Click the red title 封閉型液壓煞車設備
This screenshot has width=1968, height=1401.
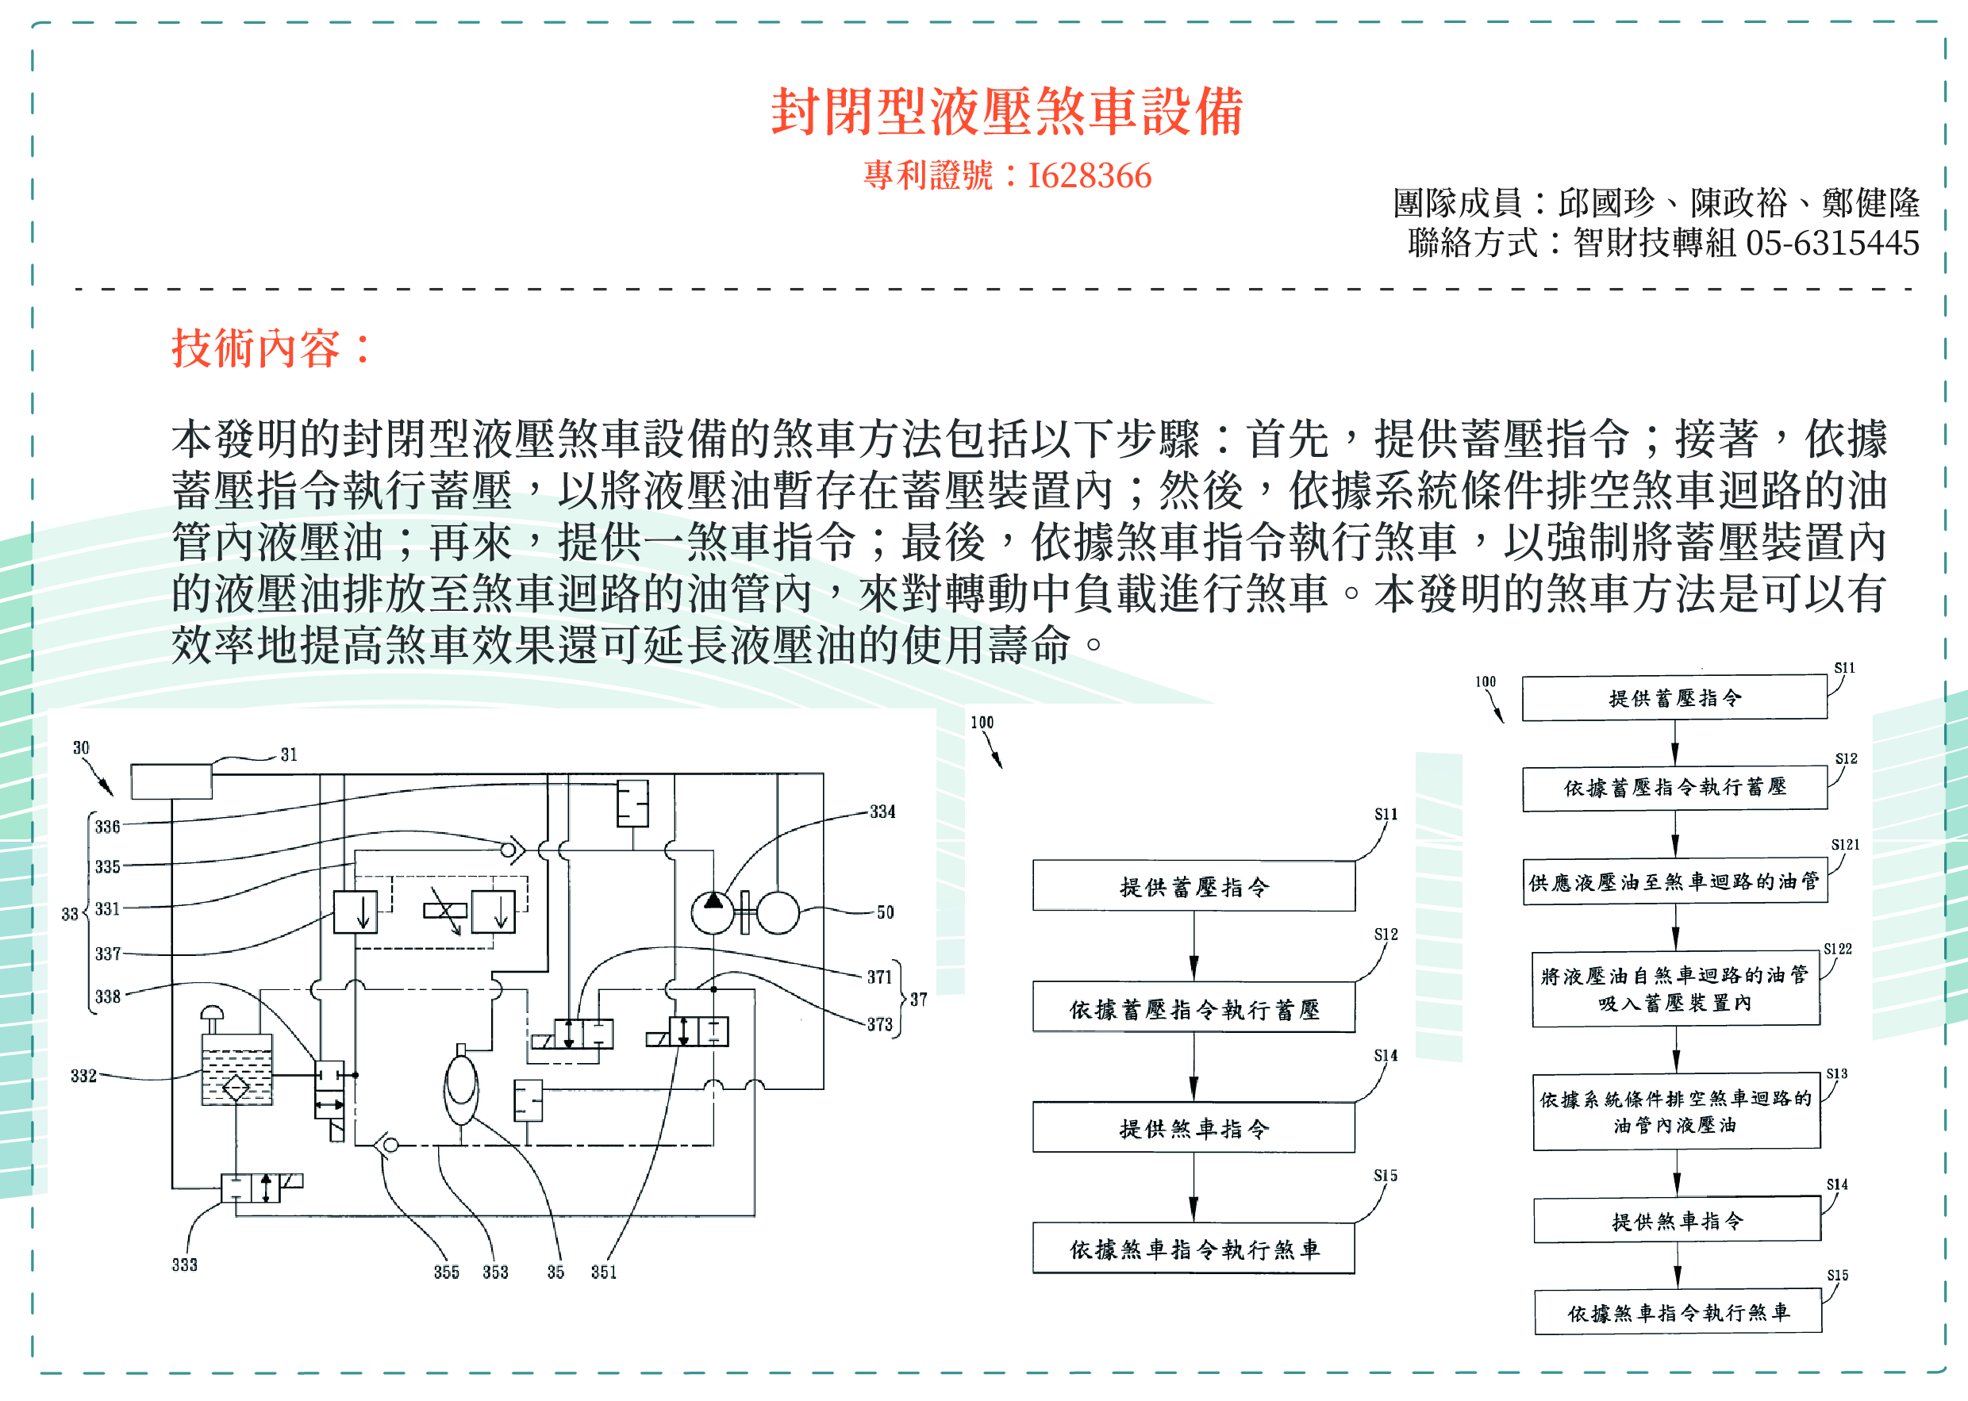pos(1007,112)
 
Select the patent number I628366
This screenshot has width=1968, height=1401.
pos(1090,176)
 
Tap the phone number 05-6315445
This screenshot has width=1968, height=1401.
pos(1832,244)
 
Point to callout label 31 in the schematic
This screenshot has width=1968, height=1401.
pos(289,755)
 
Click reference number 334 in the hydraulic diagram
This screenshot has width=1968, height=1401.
pos(882,812)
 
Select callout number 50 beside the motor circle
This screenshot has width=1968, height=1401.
pos(886,913)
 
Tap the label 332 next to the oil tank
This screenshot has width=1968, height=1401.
pos(83,1076)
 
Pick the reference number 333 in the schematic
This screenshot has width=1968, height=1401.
pos(185,1265)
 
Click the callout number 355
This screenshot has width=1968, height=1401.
pos(447,1272)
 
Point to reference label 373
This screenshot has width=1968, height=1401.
pos(880,1025)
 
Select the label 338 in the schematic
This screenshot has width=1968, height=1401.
pos(108,997)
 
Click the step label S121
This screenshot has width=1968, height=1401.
pos(1845,846)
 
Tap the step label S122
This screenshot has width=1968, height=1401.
pos(1838,949)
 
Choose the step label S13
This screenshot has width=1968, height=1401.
pos(1837,1074)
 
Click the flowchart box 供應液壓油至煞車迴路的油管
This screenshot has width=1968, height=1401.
pos(1674,881)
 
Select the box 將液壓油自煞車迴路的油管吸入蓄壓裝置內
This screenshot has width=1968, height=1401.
pos(1675,989)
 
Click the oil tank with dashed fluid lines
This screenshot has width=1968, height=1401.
pos(236,1069)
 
